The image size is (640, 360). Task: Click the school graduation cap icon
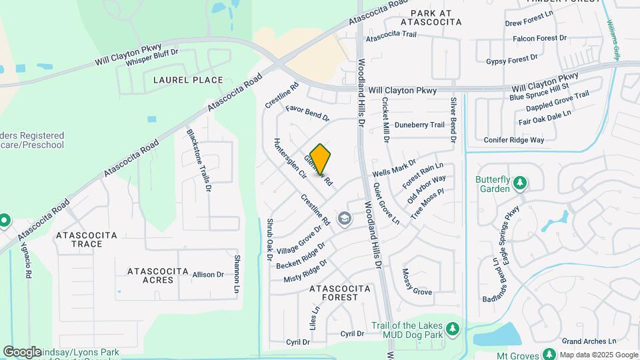pos(345,217)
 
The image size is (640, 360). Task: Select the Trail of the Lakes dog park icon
pos(453,328)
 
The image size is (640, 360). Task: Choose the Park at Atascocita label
pos(427,17)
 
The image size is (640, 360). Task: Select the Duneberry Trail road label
pos(419,125)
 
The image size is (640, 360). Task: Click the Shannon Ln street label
pos(236,274)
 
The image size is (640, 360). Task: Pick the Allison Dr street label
pos(208,275)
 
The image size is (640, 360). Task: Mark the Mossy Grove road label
pos(417,282)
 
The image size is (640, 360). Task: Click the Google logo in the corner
pos(21,351)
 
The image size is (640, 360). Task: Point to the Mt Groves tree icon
pos(550,354)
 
